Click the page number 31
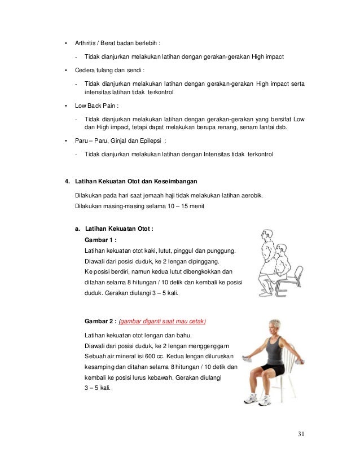[x=301, y=434]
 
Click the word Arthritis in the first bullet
[x=86, y=42]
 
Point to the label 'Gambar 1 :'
[x=100, y=239]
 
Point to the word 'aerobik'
[x=250, y=196]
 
